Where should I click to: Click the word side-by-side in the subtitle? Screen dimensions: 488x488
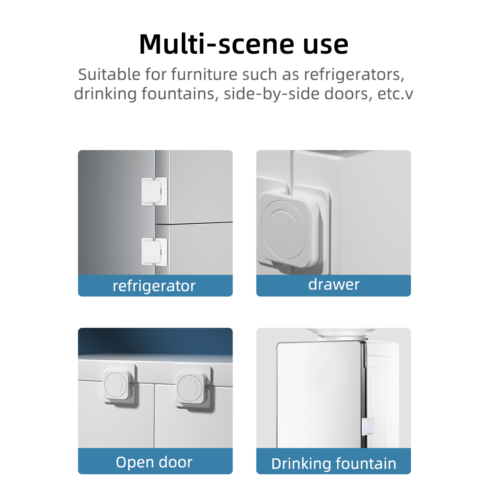(x=271, y=94)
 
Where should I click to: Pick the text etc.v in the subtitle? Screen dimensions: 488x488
(x=395, y=94)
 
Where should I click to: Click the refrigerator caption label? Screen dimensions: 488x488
(x=154, y=286)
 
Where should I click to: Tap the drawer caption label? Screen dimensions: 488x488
(x=333, y=285)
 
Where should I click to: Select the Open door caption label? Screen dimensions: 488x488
(x=154, y=462)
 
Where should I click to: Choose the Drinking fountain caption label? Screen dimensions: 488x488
(x=333, y=464)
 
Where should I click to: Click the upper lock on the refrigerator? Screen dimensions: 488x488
(x=154, y=191)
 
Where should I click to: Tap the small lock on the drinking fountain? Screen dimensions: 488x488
(x=368, y=427)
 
